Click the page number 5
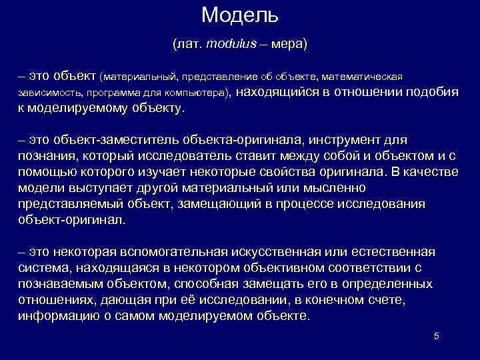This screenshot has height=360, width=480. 436,336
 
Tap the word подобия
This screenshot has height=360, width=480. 433,92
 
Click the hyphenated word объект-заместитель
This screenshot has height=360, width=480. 105,140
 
